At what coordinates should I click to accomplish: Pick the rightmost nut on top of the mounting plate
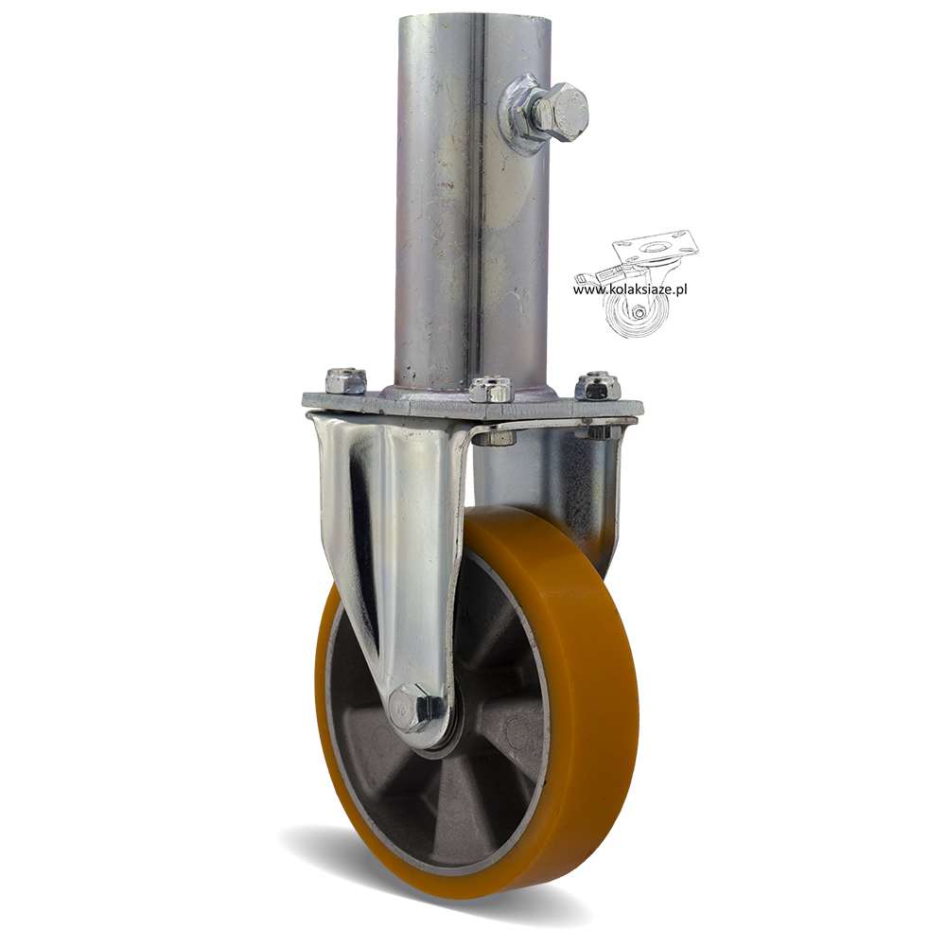[598, 385]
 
